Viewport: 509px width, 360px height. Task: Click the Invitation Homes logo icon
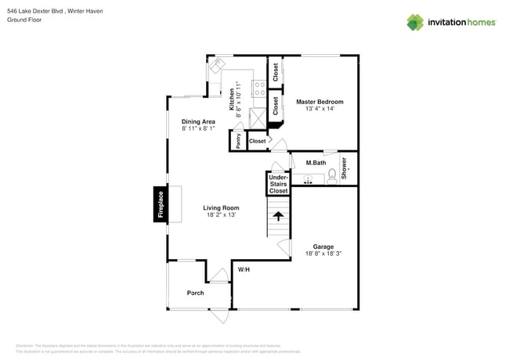tap(416, 22)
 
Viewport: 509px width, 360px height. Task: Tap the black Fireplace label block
tap(161, 205)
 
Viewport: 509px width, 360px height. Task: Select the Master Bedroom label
tap(319, 102)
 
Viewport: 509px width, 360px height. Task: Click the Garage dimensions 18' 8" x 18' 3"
tap(323, 254)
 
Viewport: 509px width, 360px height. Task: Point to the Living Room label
tap(221, 207)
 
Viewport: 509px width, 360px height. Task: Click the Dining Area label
tap(198, 121)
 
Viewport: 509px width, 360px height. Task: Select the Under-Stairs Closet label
tap(279, 184)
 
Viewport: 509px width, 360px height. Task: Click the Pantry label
tap(238, 141)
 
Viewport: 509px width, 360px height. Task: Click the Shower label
tap(344, 167)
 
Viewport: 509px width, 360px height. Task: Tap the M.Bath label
tap(316, 162)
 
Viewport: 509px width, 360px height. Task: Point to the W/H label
tap(244, 270)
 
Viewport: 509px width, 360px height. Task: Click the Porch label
tap(195, 293)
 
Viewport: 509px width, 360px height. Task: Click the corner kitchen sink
tap(216, 67)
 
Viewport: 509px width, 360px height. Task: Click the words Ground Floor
tap(24, 20)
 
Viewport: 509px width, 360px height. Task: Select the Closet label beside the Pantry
tap(258, 142)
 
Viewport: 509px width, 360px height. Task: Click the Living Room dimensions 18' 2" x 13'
tap(221, 215)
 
